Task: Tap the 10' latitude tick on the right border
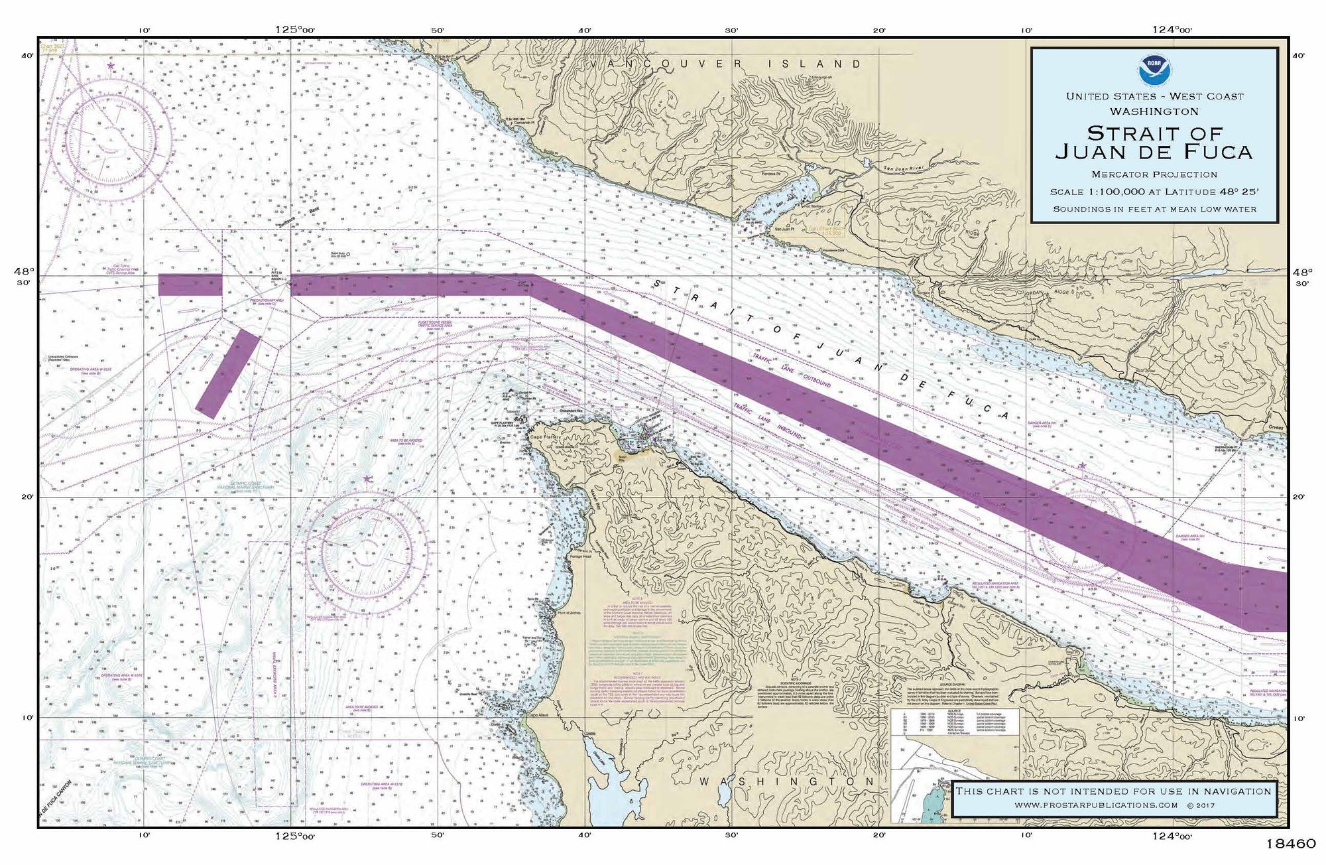click(x=1299, y=718)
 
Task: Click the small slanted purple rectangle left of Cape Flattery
click(x=227, y=373)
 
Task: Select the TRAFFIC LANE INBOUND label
click(x=768, y=419)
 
